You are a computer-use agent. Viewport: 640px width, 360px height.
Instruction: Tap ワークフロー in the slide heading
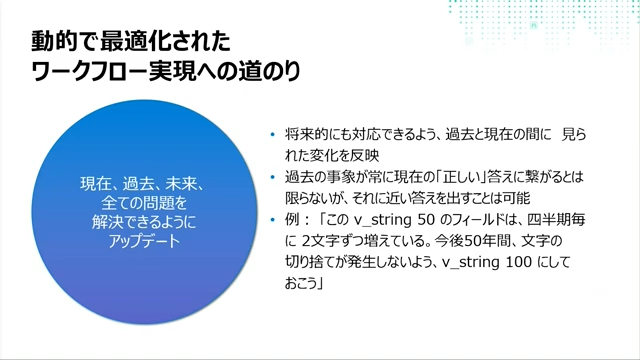pyautogui.click(x=81, y=74)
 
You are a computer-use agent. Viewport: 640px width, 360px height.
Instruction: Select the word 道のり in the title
pyautogui.click(x=268, y=74)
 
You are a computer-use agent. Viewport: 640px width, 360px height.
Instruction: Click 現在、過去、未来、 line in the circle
pyautogui.click(x=142, y=185)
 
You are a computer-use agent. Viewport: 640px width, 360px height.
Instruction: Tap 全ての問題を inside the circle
pyautogui.click(x=142, y=204)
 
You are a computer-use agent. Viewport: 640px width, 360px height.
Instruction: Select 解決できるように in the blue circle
pyautogui.click(x=142, y=222)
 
